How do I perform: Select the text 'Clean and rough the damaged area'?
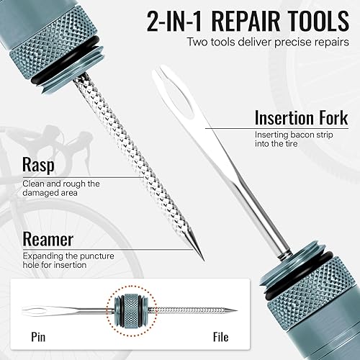[x=60, y=189]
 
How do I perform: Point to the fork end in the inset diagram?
[x=36, y=311]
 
